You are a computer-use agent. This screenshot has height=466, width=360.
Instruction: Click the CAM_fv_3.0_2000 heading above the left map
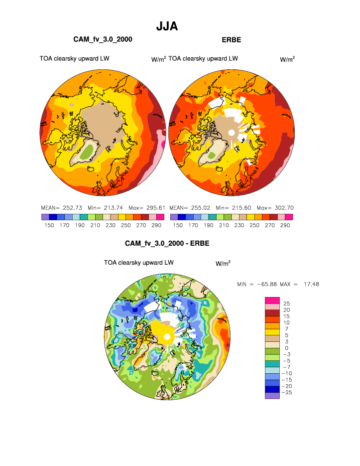click(103, 39)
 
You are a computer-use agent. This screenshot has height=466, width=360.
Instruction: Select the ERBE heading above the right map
click(231, 39)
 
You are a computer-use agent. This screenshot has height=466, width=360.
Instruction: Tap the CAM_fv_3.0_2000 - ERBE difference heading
click(167, 244)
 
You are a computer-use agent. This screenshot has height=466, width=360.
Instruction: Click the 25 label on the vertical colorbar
click(286, 303)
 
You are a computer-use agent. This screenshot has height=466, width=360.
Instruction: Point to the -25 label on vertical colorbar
click(287, 393)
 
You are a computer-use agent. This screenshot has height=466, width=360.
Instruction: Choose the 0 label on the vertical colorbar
click(285, 348)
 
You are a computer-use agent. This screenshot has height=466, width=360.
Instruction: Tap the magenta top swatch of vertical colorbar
click(272, 300)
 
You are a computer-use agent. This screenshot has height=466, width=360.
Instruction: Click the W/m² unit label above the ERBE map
click(287, 59)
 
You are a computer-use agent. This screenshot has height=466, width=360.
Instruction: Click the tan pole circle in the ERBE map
click(231, 133)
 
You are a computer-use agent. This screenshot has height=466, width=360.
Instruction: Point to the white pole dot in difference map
click(168, 338)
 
